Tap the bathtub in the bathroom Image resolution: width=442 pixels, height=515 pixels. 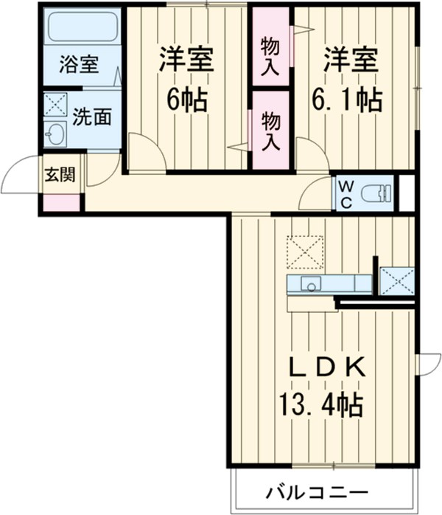83,28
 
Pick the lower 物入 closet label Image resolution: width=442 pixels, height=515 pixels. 270,131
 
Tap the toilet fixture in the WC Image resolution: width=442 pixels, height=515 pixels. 380,193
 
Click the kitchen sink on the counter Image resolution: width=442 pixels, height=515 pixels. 308,284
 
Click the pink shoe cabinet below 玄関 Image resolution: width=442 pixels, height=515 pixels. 59,203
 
